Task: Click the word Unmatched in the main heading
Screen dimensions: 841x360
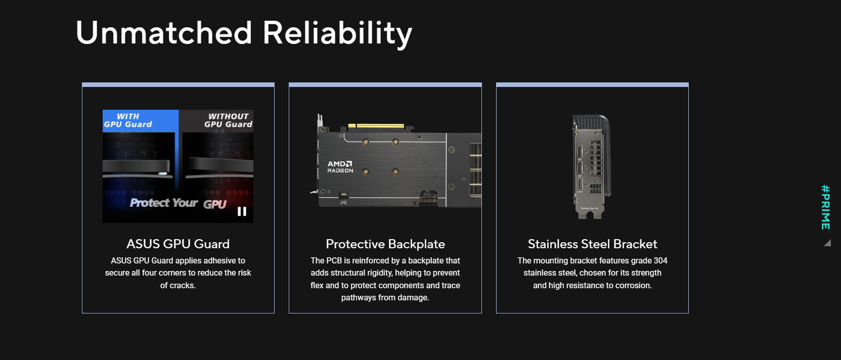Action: pos(164,33)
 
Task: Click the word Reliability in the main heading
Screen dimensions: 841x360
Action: pos(337,34)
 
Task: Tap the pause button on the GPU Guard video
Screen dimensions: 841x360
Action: pos(242,211)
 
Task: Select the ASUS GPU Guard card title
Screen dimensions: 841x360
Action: pos(178,244)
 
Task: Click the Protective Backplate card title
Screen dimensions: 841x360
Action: pos(385,244)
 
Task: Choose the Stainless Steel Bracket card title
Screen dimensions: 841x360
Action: pos(593,244)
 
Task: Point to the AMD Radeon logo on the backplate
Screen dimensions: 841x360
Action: pos(340,167)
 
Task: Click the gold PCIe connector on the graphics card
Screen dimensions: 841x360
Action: pos(376,126)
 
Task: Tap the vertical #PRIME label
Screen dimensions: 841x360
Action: pos(826,207)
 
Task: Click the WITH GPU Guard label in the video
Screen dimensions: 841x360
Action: pos(128,120)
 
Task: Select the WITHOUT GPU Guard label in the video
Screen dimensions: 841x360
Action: pos(228,120)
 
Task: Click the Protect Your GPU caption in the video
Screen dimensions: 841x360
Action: pos(179,203)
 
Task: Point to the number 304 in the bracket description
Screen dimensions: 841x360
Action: pos(660,260)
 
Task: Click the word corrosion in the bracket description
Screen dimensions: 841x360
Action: pos(633,285)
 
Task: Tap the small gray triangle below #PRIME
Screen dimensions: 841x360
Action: pos(828,243)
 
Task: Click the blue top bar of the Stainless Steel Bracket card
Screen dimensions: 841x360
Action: pos(593,85)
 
